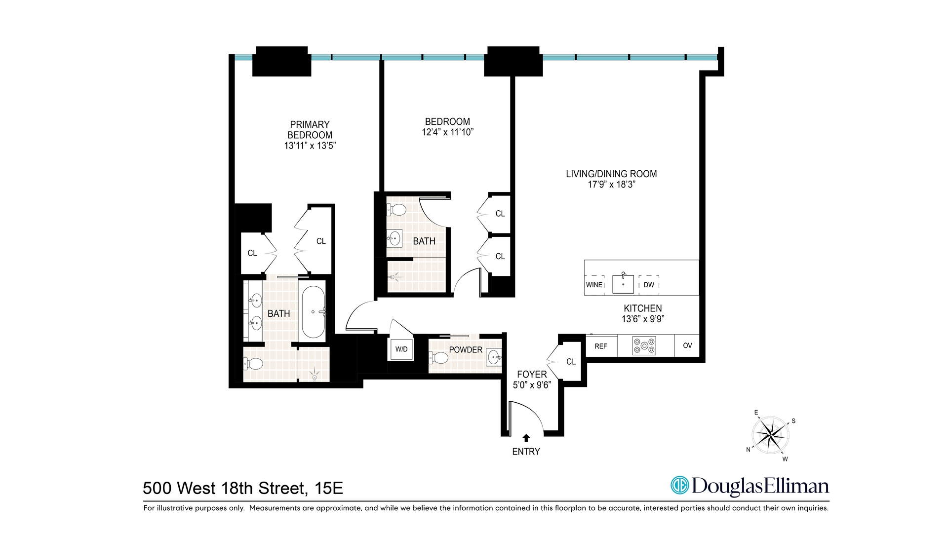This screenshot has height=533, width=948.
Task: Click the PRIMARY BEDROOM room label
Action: tap(310, 130)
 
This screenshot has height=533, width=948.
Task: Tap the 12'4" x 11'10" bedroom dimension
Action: tap(447, 132)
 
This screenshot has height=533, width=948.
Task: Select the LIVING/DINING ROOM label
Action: tap(611, 174)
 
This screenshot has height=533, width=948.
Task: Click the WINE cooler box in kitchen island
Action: tap(594, 285)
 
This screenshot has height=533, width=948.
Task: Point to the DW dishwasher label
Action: tap(649, 285)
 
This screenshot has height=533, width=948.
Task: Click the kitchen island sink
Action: tap(623, 284)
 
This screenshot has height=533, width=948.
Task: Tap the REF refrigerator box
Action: tap(601, 346)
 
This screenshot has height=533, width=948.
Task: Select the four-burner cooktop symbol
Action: tap(644, 346)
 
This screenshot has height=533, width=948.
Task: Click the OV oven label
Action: tap(687, 345)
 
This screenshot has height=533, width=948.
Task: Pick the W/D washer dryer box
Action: tap(401, 349)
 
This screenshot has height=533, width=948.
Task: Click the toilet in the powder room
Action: tap(438, 357)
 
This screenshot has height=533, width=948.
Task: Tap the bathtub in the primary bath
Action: tap(313, 312)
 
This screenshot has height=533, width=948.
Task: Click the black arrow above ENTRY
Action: tap(526, 438)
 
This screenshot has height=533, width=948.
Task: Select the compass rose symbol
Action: tap(770, 435)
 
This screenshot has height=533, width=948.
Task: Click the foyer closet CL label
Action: tap(571, 362)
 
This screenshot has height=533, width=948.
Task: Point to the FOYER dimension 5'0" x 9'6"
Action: tap(532, 385)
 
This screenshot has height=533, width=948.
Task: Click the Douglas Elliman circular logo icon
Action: tap(679, 485)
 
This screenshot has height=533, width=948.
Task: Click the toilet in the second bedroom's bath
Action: tap(396, 210)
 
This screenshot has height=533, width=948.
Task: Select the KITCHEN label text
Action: tap(642, 308)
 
